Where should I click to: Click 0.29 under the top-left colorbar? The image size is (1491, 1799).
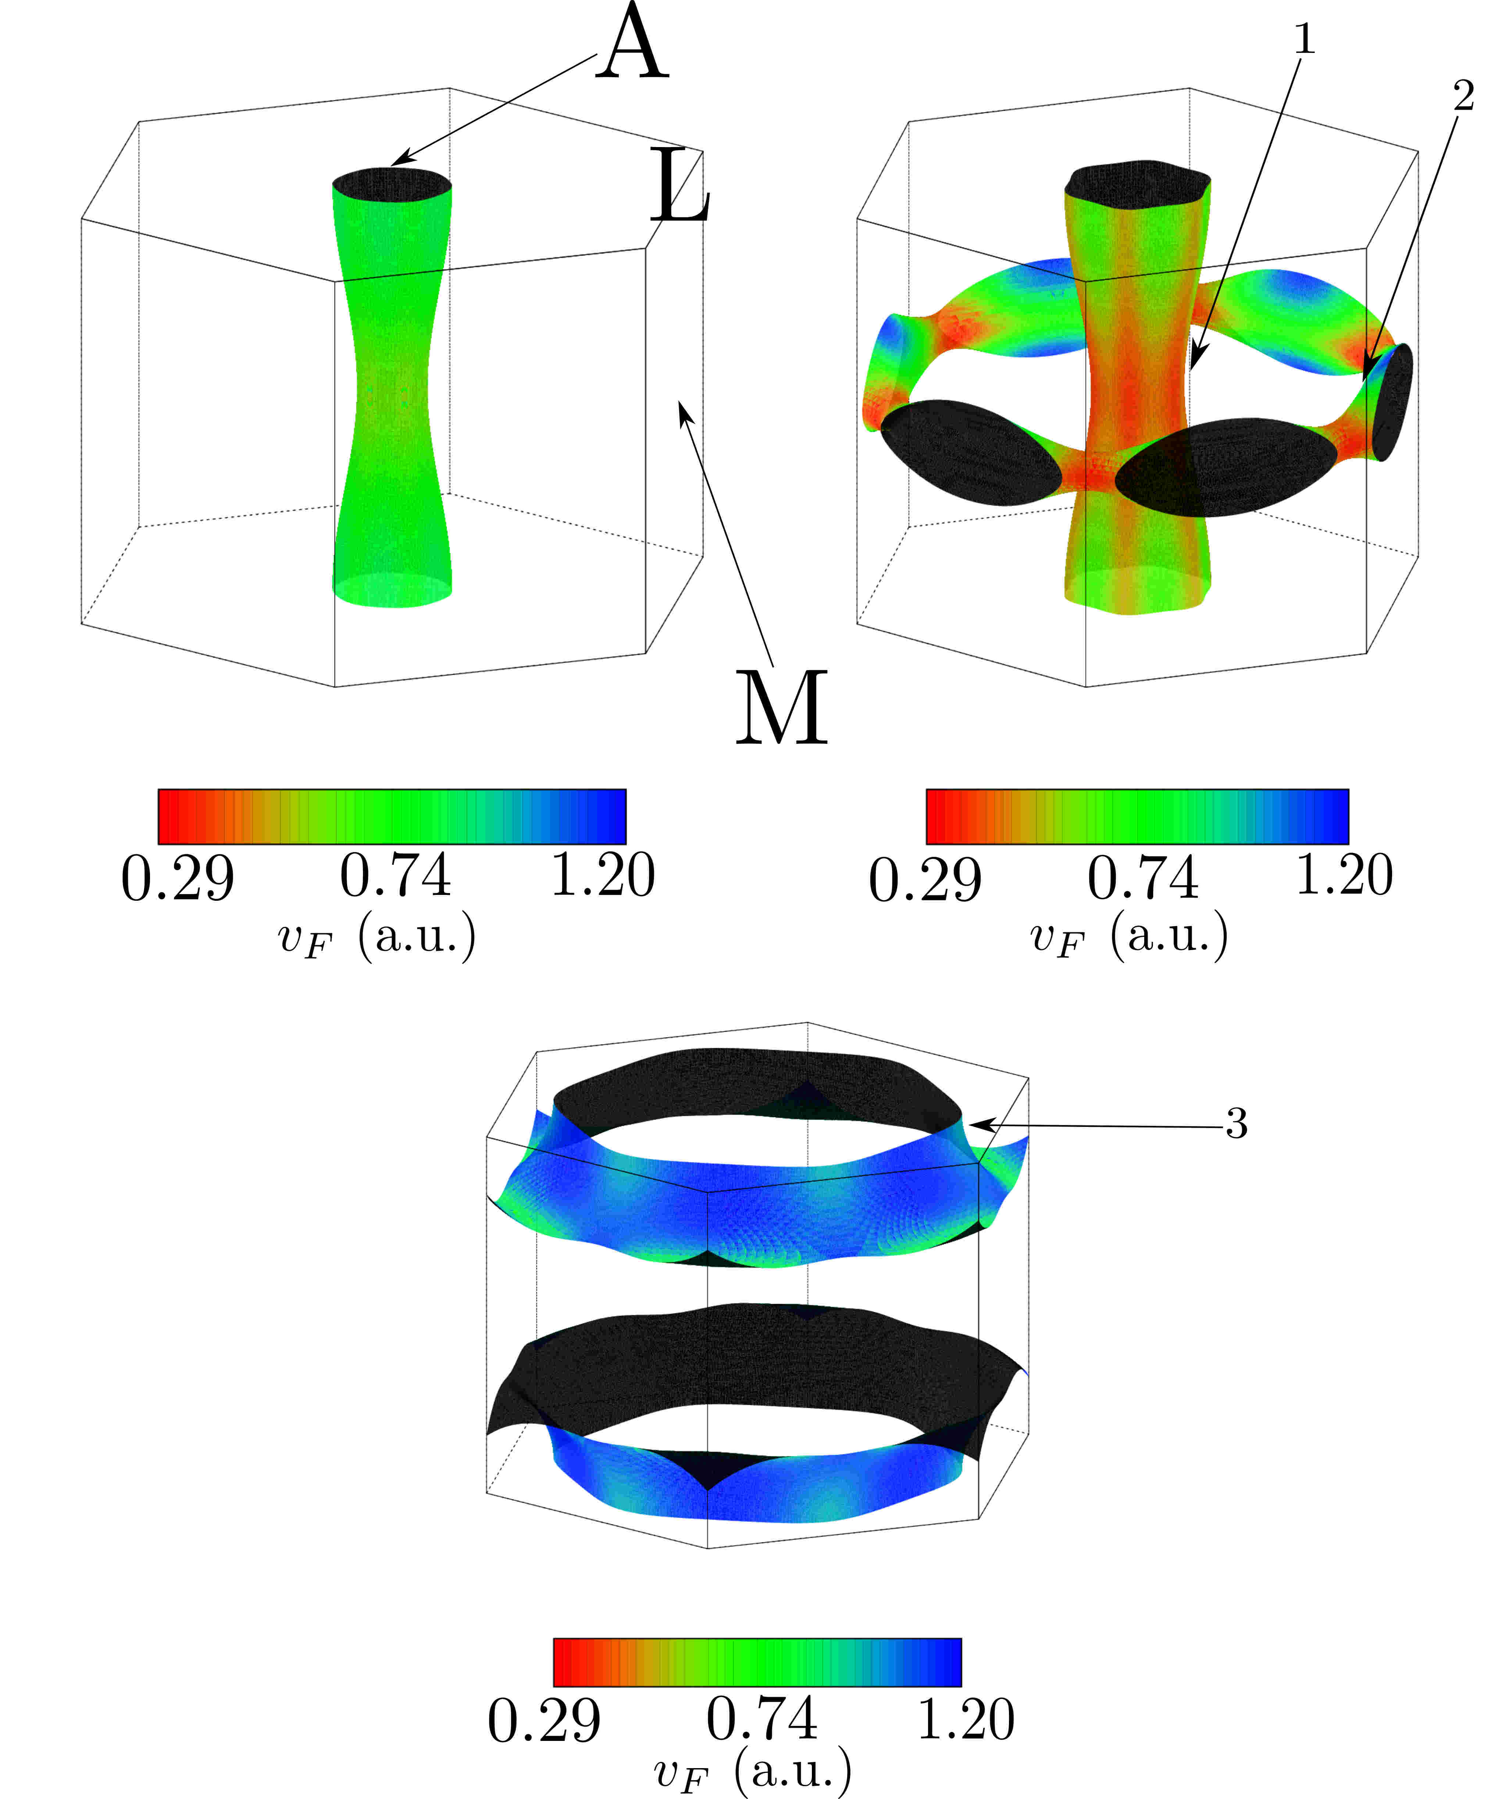click(x=177, y=878)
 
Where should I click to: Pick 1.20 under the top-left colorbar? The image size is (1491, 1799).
click(x=602, y=875)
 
